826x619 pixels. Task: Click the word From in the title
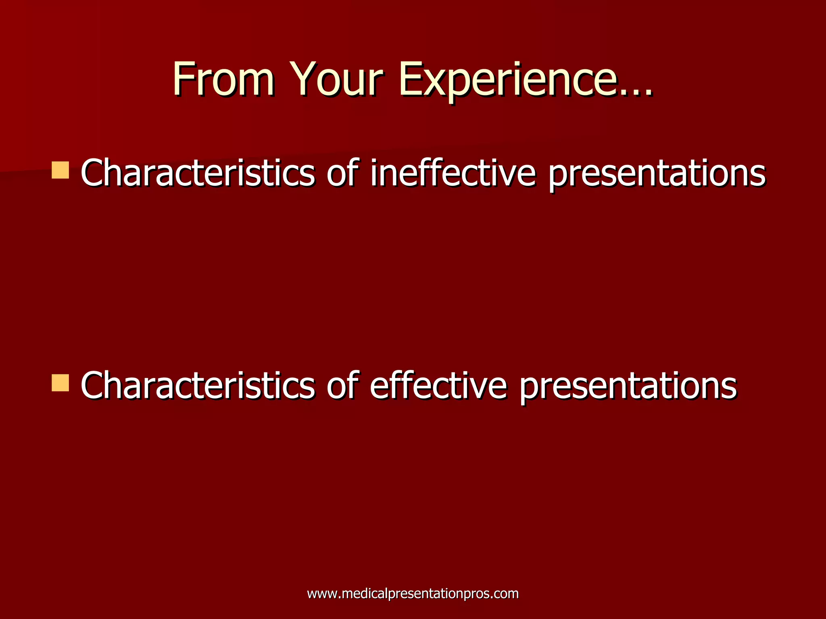[224, 79]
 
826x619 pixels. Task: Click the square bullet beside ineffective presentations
[60, 170]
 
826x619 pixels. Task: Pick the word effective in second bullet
[438, 386]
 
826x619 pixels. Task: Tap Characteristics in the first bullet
[198, 173]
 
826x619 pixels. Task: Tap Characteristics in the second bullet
[198, 386]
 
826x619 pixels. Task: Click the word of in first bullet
[342, 173]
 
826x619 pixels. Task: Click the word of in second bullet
[342, 386]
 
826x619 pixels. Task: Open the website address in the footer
[413, 594]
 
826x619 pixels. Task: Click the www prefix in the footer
[320, 594]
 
